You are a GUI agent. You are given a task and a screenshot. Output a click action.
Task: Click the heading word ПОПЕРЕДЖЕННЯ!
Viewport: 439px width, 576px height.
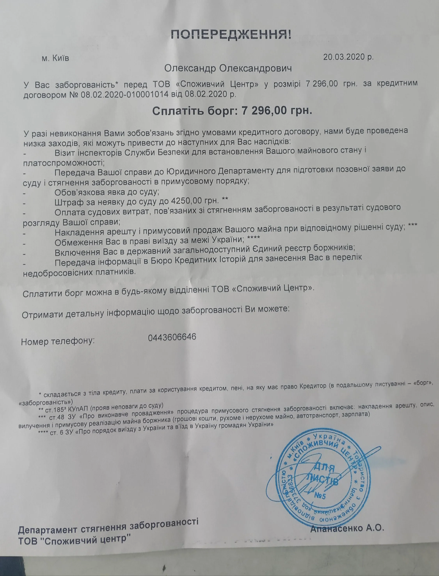point(231,35)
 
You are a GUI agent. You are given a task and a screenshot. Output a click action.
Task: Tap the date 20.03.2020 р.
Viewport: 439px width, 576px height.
point(348,57)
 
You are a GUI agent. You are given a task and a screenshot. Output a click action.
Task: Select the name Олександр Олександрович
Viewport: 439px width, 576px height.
point(228,69)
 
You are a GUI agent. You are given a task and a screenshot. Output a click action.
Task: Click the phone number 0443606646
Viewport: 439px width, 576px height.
point(172,337)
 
